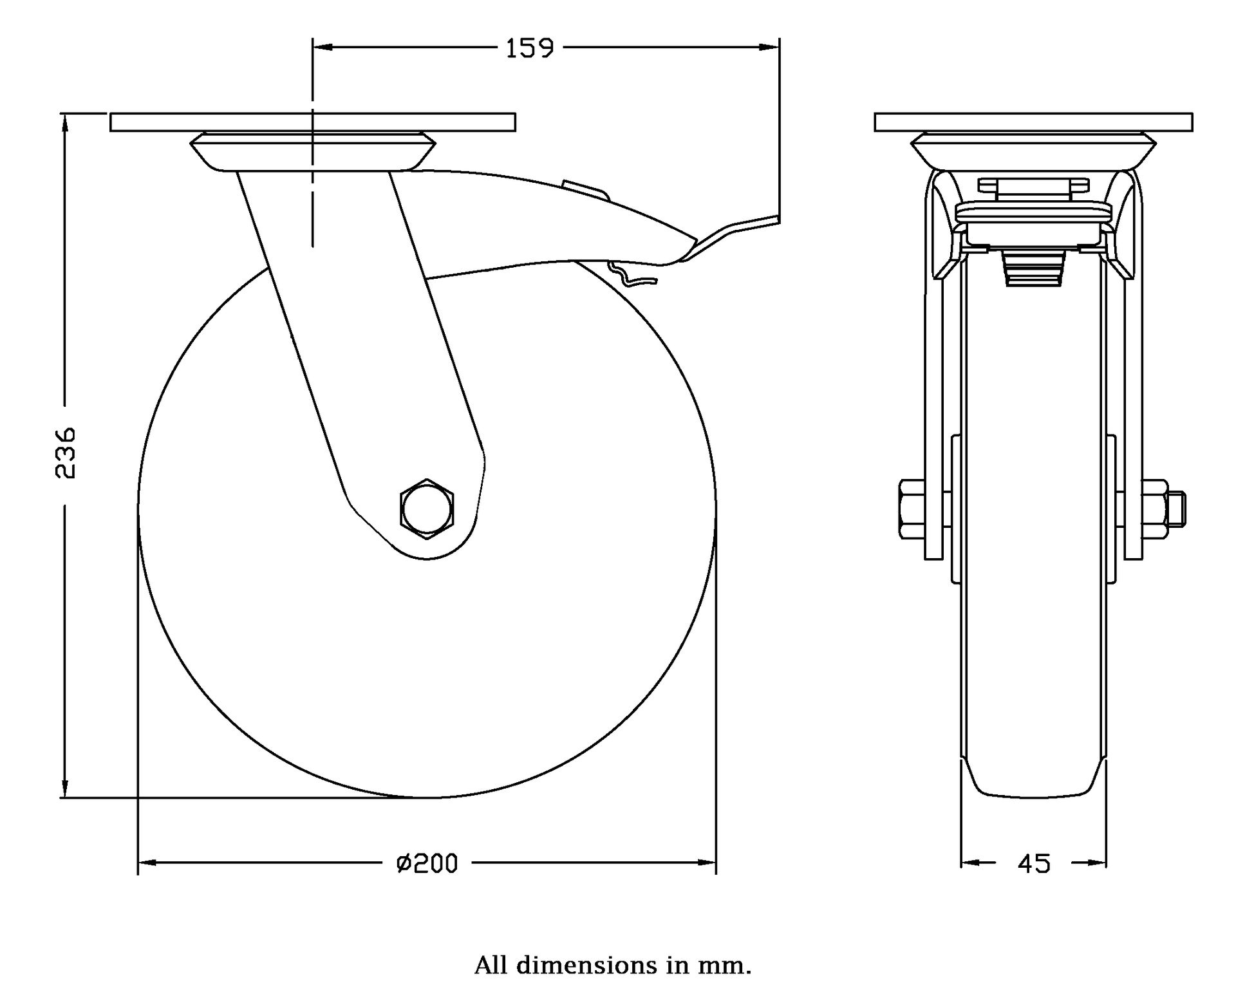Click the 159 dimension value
pyautogui.click(x=529, y=48)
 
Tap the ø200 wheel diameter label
pyautogui.click(x=427, y=863)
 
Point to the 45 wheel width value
pyautogui.click(x=1034, y=864)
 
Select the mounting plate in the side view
pyautogui.click(x=312, y=122)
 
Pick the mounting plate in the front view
pyautogui.click(x=1033, y=122)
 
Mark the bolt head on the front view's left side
pyautogui.click(x=910, y=509)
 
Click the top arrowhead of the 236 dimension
pyautogui.click(x=65, y=122)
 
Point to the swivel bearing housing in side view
pyautogui.click(x=312, y=152)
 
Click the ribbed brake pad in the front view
pyautogui.click(x=1033, y=268)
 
